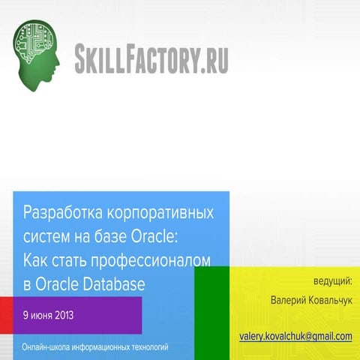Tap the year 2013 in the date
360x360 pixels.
76,313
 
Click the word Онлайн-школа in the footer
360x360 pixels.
47,347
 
